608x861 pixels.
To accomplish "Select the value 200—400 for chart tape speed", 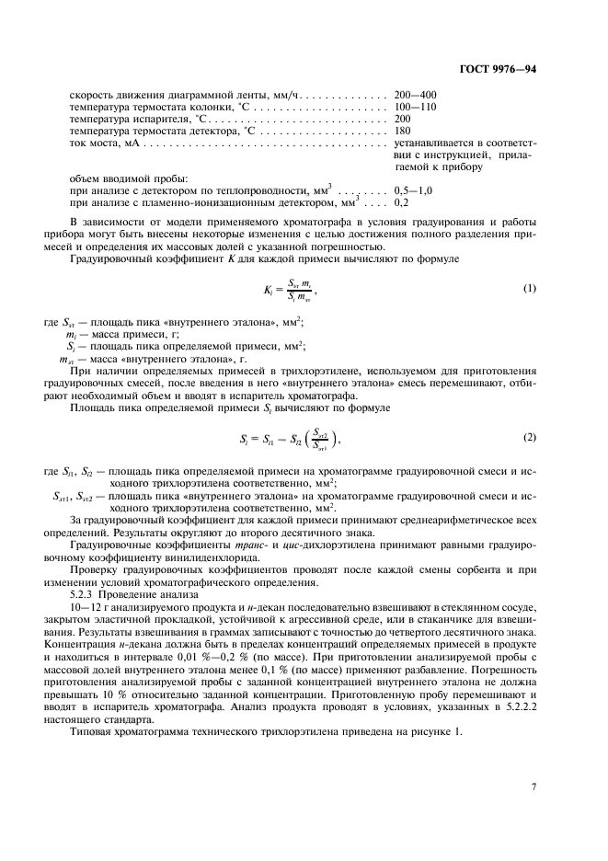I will click(415, 95).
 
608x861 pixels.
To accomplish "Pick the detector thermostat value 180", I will click(402, 131).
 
